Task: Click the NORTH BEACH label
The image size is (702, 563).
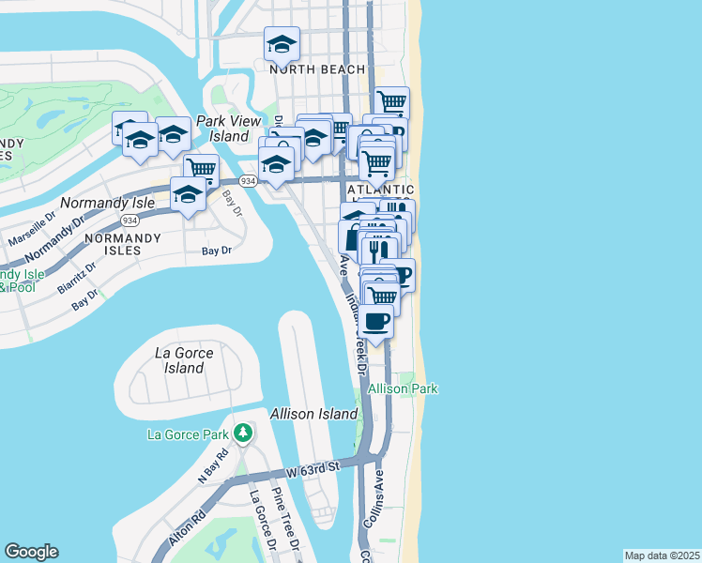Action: click(x=316, y=69)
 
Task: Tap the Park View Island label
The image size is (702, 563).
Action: click(x=221, y=129)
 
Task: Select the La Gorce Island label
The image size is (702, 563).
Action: click(x=184, y=360)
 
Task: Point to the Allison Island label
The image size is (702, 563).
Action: click(x=313, y=414)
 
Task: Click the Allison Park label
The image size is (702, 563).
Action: click(x=403, y=388)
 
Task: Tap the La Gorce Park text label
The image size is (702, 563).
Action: click(x=188, y=434)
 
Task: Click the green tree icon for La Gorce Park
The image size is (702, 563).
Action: click(x=243, y=434)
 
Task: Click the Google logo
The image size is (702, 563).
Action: click(x=31, y=552)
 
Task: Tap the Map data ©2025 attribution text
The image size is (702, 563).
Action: click(x=662, y=555)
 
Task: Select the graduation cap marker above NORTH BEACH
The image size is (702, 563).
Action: click(x=281, y=43)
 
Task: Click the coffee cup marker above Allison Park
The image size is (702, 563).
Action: click(x=376, y=322)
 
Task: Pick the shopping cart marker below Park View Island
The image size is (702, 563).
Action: click(x=201, y=169)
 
